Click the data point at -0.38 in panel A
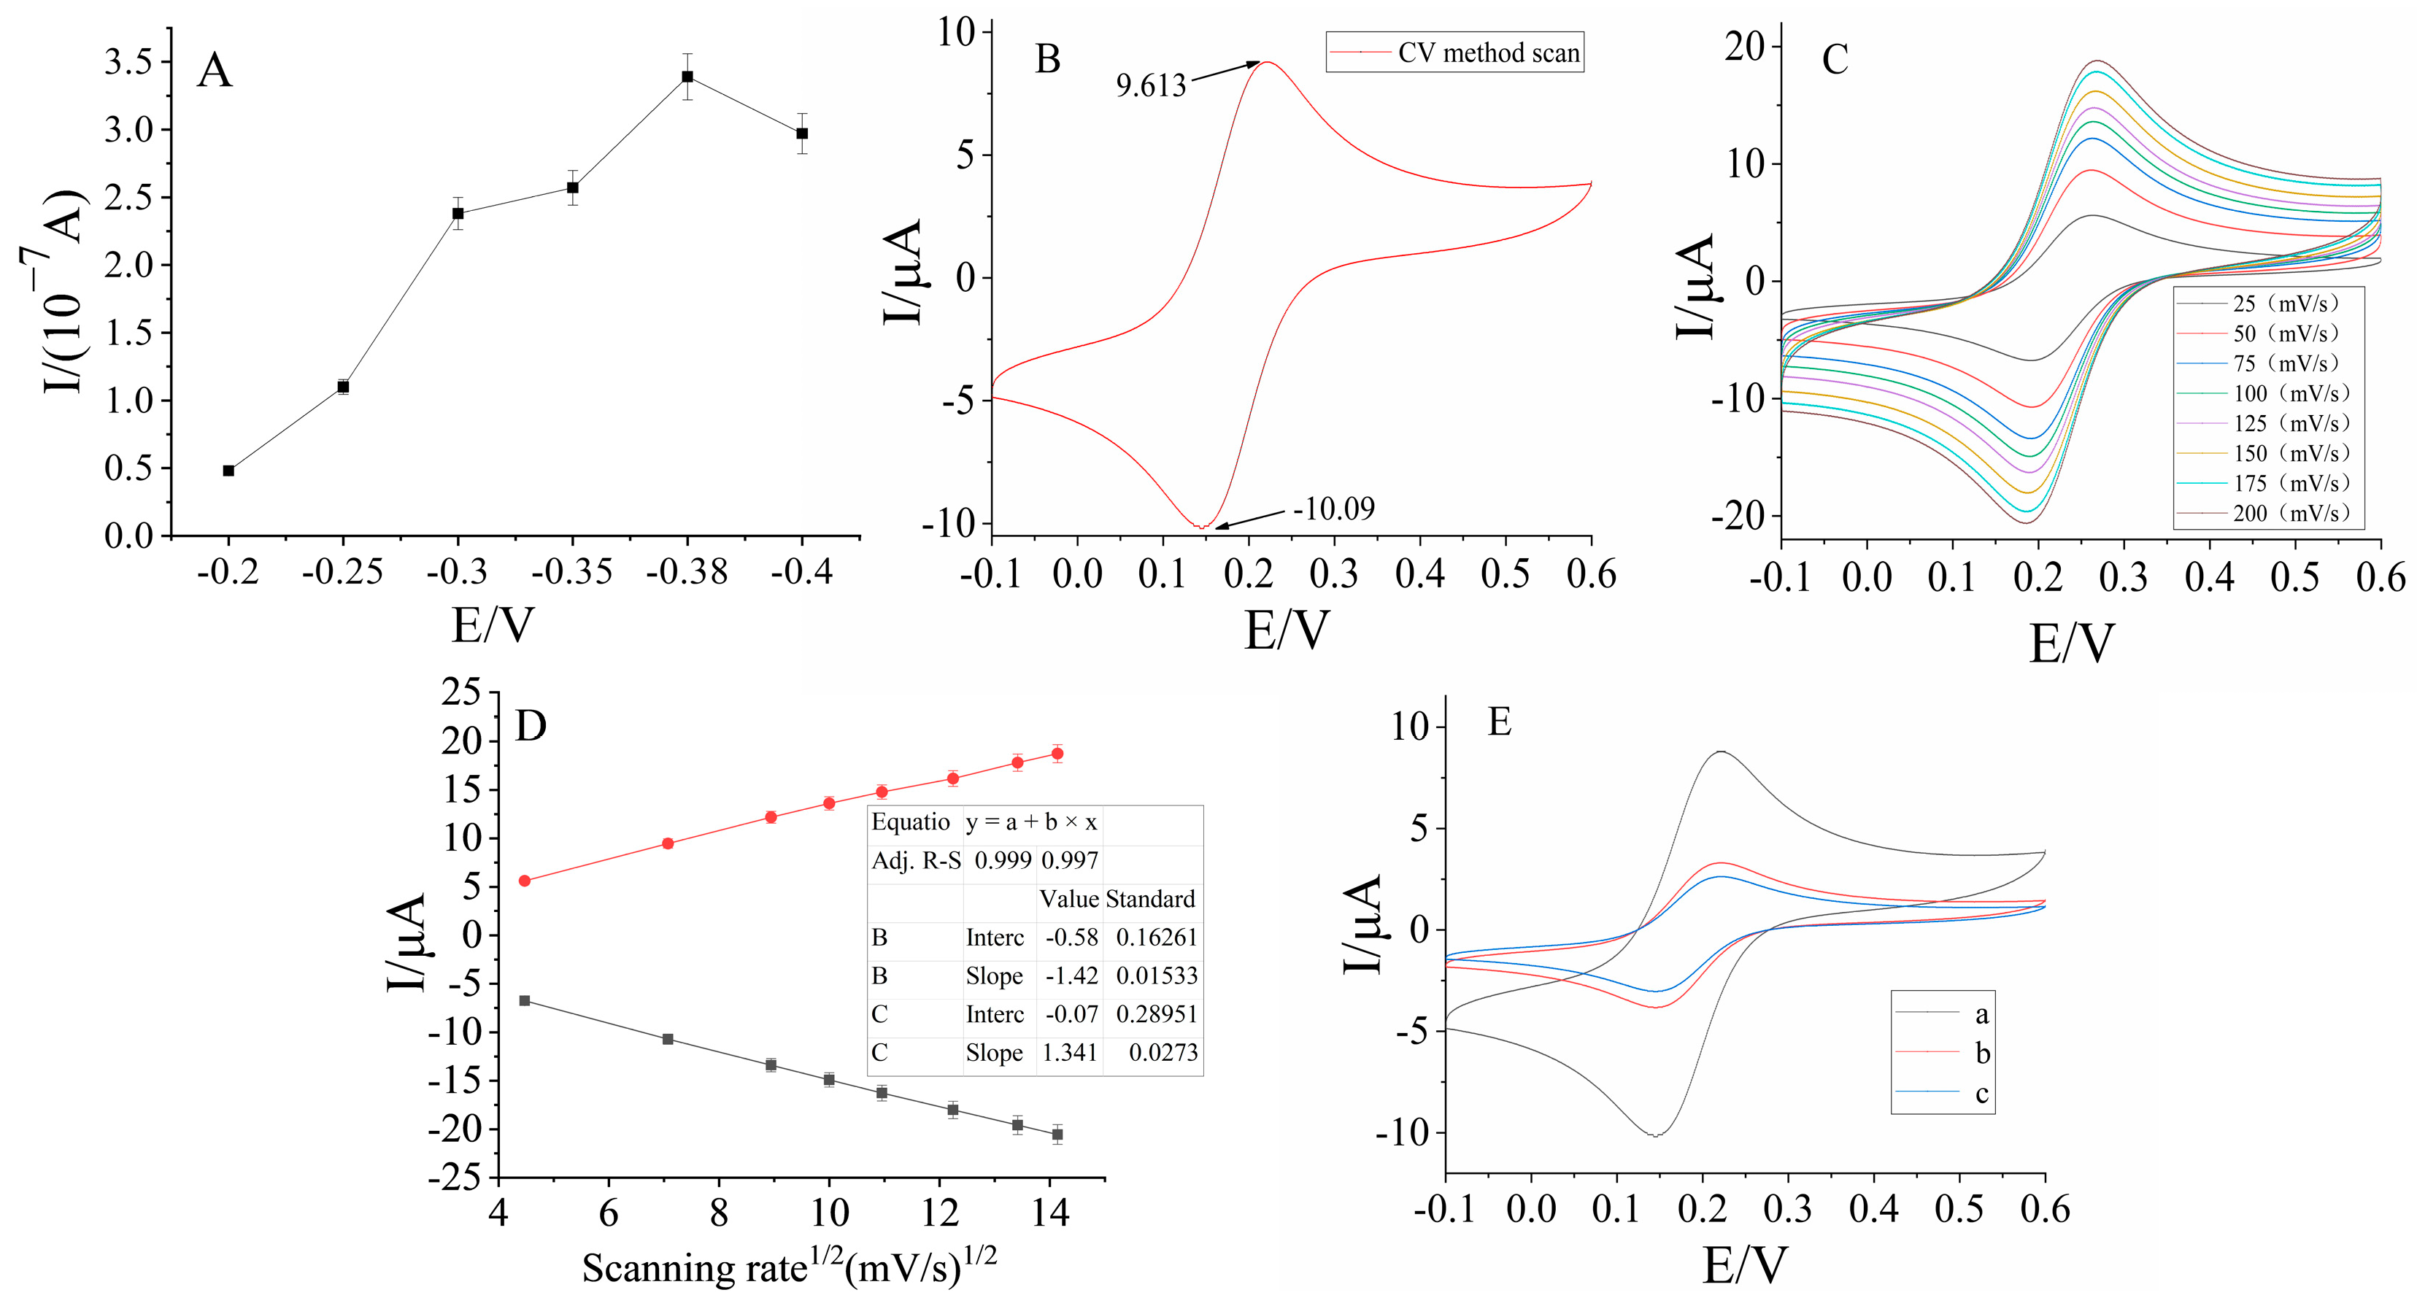tap(687, 77)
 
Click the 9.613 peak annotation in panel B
tap(1150, 86)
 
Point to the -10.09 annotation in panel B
tap(1333, 509)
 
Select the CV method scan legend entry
tap(1487, 53)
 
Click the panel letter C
tap(1835, 60)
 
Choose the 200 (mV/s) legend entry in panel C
tap(2289, 513)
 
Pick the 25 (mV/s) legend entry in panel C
tap(2286, 303)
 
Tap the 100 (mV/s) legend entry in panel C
tap(2289, 393)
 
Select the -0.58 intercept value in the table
tap(1071, 938)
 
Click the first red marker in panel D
tap(525, 881)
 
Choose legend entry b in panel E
tap(1981, 1054)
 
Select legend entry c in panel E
tap(1981, 1094)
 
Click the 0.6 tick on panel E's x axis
tap(2046, 1210)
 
